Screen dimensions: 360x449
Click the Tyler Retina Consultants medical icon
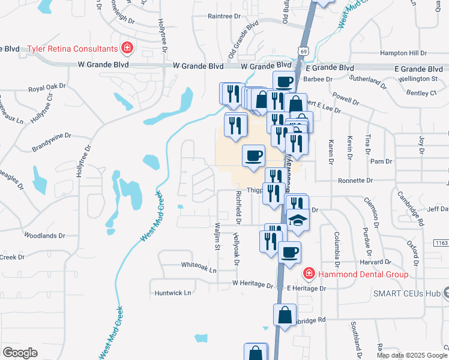127,47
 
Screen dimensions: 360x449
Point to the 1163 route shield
440,242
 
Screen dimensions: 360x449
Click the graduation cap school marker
298,220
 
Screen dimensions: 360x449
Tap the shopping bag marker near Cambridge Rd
285,315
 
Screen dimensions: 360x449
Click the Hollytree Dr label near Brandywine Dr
79,160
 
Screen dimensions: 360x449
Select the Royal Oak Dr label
47,88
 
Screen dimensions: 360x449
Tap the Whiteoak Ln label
198,265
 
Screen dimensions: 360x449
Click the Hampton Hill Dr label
403,52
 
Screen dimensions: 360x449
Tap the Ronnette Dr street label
355,180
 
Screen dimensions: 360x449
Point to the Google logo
20,352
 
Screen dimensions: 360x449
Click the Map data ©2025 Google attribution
411,355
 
